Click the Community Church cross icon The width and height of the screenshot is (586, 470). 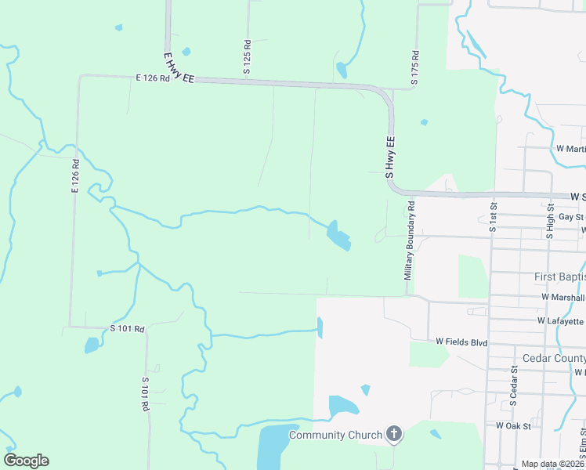pyautogui.click(x=394, y=434)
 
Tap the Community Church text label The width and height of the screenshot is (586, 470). pyautogui.click(x=336, y=435)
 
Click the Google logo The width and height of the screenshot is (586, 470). pyautogui.click(x=26, y=461)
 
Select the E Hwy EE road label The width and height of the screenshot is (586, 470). pyautogui.click(x=179, y=69)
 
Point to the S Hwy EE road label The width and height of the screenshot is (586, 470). pyautogui.click(x=390, y=157)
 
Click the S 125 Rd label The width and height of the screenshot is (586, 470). pyautogui.click(x=247, y=58)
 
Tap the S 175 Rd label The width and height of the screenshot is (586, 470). pyautogui.click(x=415, y=68)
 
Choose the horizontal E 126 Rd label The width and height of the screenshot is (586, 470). pyautogui.click(x=152, y=78)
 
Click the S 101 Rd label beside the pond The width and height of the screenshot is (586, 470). pyautogui.click(x=128, y=329)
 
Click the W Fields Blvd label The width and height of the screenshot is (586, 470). pyautogui.click(x=461, y=342)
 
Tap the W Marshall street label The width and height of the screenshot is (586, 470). pyautogui.click(x=562, y=298)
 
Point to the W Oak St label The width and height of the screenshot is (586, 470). pyautogui.click(x=514, y=425)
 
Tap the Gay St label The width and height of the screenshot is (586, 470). pyautogui.click(x=571, y=217)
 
